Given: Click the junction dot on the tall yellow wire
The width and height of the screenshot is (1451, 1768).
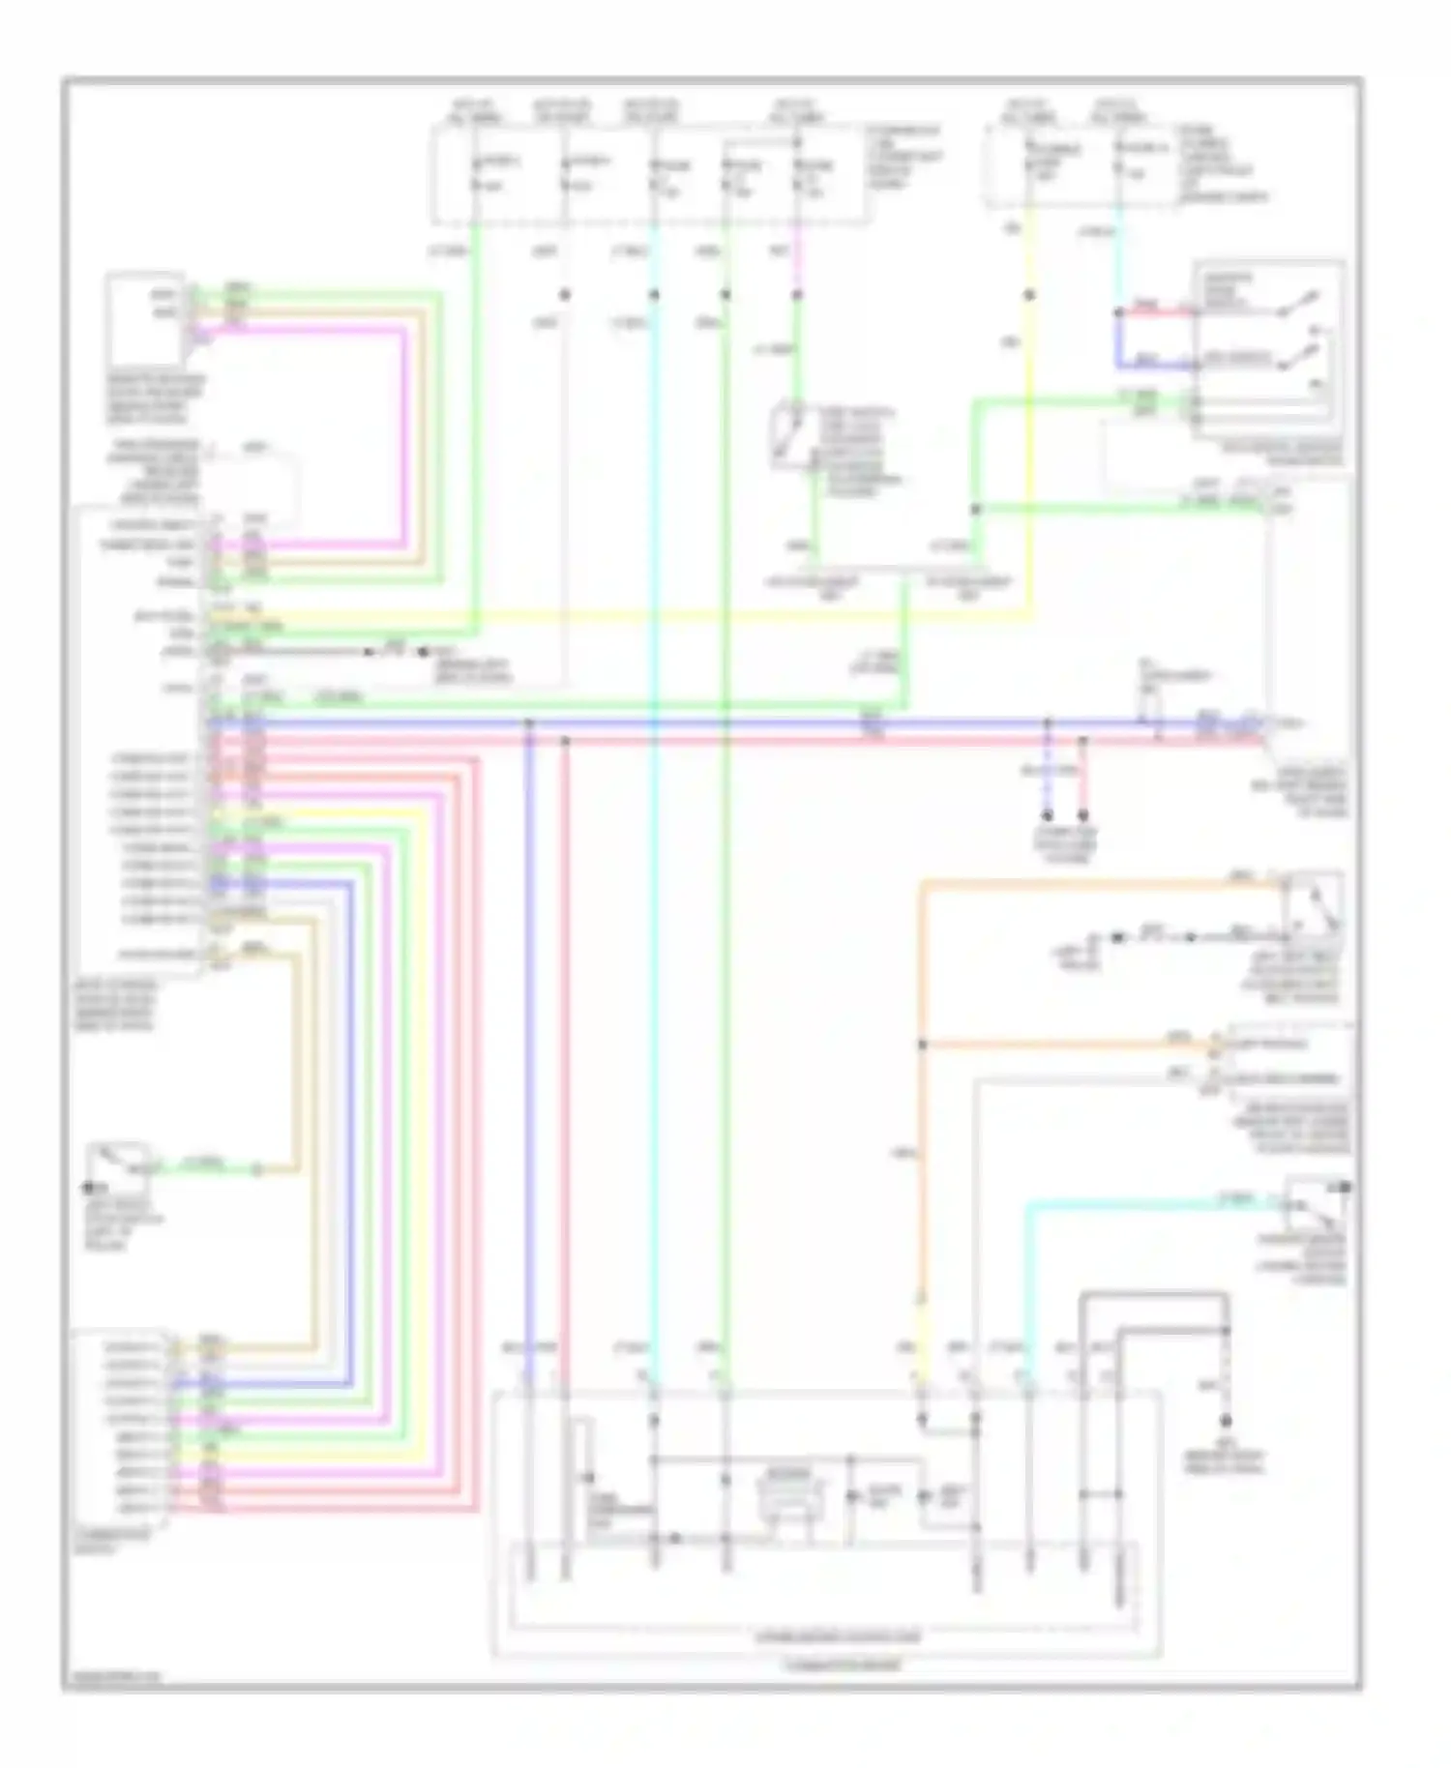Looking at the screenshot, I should (x=1029, y=295).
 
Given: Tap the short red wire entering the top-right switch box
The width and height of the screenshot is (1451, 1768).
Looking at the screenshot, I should (x=1156, y=311).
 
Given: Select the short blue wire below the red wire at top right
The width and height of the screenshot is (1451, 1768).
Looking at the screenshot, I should (x=1156, y=367).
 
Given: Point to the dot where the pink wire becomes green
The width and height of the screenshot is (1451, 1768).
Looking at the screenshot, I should (x=797, y=295).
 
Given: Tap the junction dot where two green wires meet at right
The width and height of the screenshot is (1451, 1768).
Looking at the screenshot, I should (x=975, y=509).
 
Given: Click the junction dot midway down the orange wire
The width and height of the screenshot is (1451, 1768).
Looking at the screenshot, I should (x=922, y=1045).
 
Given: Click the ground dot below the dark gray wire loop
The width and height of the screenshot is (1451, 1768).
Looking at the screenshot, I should (x=1226, y=1421).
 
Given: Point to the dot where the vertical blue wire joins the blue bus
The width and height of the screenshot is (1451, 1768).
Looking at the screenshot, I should (x=528, y=722).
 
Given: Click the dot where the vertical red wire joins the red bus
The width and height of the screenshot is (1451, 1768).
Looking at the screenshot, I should (x=566, y=741).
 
